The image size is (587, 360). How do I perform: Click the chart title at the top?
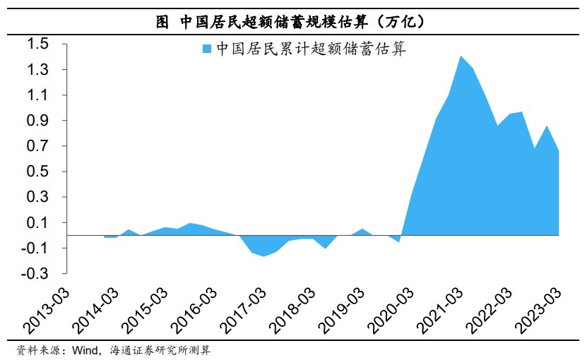(292, 21)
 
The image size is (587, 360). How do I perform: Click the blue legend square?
(207, 49)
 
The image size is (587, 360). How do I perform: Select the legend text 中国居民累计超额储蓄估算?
(311, 49)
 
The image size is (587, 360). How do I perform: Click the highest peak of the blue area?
(461, 56)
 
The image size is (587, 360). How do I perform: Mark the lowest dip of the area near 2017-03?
(264, 256)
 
